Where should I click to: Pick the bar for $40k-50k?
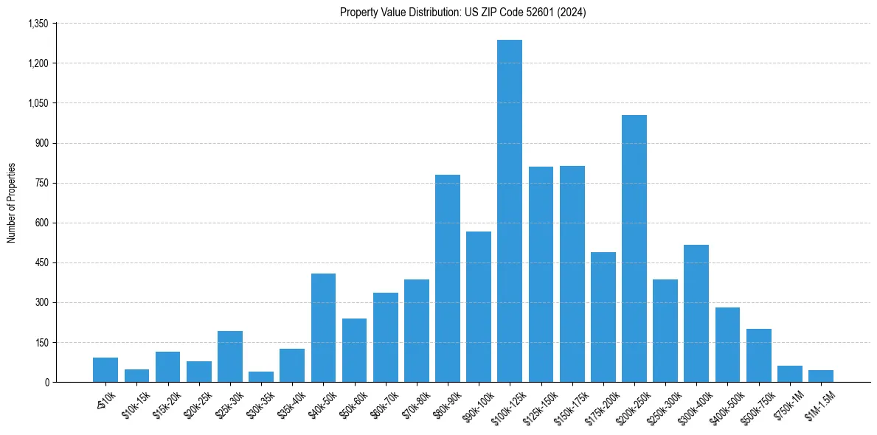323,327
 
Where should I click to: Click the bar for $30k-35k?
261,377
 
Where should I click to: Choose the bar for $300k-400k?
696,313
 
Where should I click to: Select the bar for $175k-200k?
603,317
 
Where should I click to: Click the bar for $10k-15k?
136,375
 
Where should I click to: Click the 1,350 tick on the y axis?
38,24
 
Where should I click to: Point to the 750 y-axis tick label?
41,183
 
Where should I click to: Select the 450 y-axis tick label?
41,262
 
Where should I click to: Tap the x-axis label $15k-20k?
166,403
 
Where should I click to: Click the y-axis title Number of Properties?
11,203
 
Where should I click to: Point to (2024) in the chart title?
572,12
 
